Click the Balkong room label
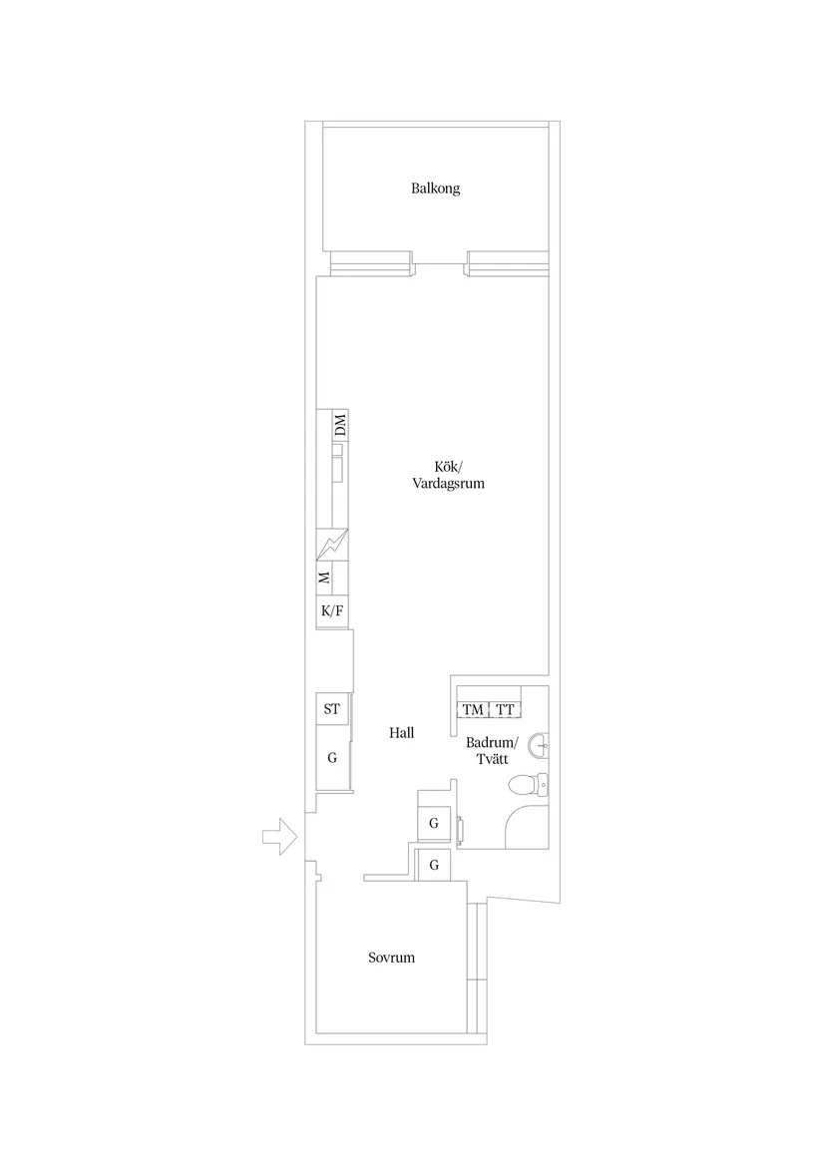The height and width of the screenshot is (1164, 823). coord(435,189)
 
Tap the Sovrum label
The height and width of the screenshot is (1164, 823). coord(391,958)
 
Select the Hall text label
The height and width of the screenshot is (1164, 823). coord(402,733)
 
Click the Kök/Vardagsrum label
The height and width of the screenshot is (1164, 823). coord(449,475)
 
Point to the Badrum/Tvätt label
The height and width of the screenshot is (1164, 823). coord(490,750)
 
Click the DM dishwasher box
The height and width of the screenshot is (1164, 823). coord(339,426)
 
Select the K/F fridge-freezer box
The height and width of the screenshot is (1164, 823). coord(332,611)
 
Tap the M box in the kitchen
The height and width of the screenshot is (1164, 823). coord(324,578)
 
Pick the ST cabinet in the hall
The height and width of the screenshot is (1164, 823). coord(332,710)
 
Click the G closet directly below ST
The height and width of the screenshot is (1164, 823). coord(332,758)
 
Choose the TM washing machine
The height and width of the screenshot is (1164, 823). coord(473,710)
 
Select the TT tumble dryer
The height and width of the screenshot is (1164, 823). coord(505,710)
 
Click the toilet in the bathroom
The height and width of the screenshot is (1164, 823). coord(529,783)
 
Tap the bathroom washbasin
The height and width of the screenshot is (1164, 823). coord(540,744)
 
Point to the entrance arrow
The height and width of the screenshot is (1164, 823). coord(280,837)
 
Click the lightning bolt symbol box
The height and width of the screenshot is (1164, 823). coord(332,546)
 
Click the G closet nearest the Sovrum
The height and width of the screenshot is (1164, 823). coord(434,865)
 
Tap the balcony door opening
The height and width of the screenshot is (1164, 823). coord(439,264)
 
